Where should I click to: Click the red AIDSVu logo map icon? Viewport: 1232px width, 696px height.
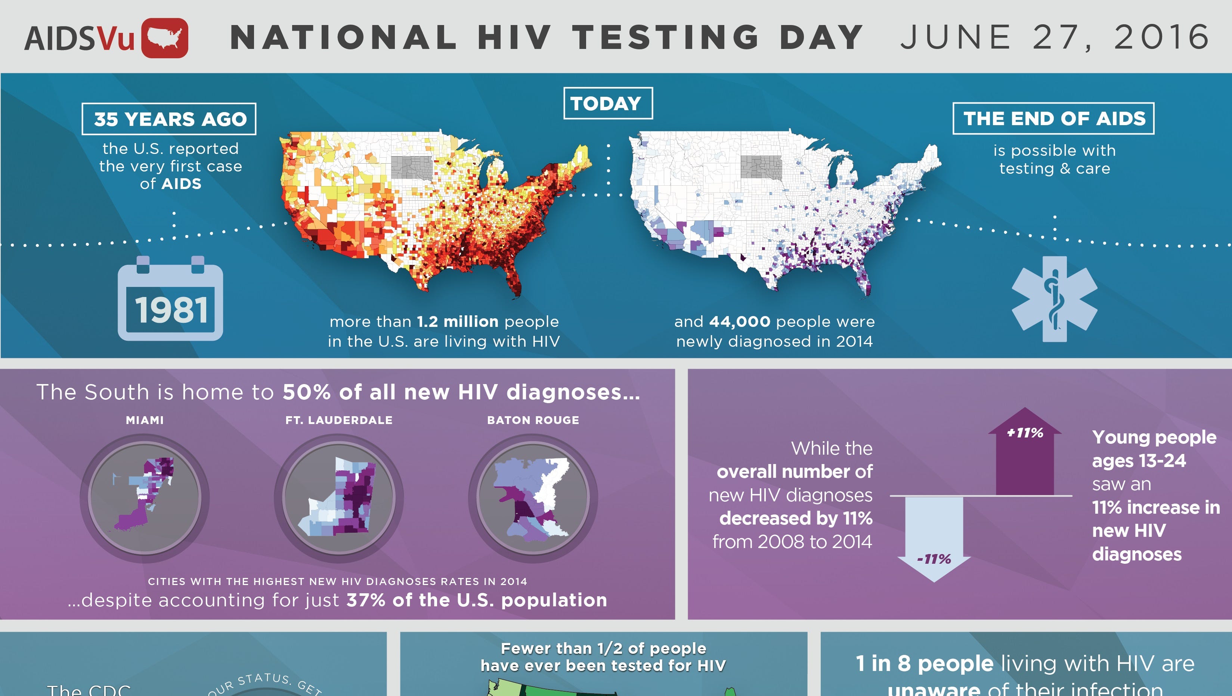point(164,38)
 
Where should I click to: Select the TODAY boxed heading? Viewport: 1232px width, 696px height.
point(607,103)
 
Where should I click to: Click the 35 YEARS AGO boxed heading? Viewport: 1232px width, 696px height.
point(169,119)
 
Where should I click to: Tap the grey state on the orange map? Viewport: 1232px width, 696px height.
point(411,167)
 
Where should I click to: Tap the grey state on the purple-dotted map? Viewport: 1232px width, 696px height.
point(761,167)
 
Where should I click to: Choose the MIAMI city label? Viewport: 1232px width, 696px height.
point(145,420)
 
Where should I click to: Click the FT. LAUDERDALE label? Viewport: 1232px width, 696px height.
point(338,420)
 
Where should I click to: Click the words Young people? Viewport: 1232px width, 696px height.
point(1154,437)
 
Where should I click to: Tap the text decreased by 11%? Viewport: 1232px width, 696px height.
point(795,519)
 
